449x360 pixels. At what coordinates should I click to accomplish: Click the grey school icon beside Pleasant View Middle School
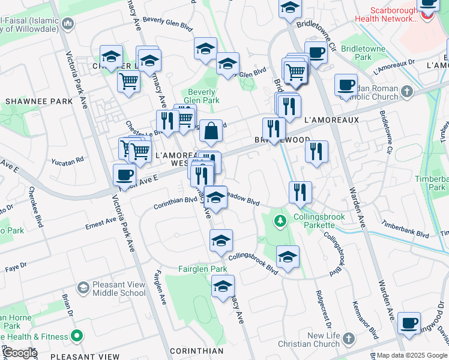coord(83,289)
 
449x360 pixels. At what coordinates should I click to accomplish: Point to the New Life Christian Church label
coord(307,340)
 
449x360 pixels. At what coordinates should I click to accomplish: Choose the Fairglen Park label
coord(202,269)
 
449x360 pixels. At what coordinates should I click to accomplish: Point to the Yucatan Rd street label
coord(67,161)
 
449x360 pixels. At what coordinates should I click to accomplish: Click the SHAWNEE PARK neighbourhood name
coord(39,101)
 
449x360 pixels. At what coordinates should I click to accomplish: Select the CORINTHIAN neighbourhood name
coord(196,350)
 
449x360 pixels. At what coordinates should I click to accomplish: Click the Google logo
coord(19,353)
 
